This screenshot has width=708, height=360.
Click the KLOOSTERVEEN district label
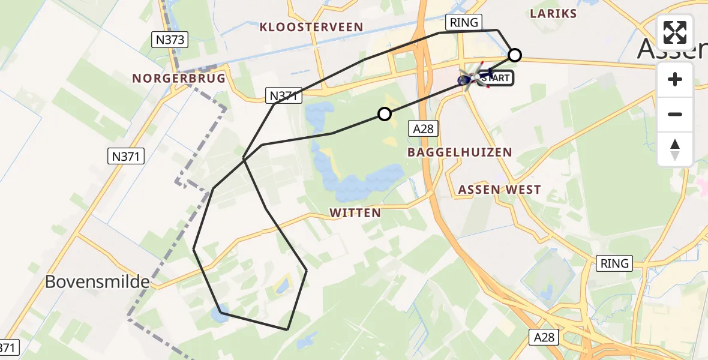pyautogui.click(x=311, y=27)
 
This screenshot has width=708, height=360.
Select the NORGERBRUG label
pyautogui.click(x=179, y=79)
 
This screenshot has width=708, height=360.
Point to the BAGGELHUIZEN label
pyautogui.click(x=460, y=152)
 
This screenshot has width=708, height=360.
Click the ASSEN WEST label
pyautogui.click(x=499, y=190)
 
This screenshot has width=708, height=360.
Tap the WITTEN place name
pyautogui.click(x=355, y=213)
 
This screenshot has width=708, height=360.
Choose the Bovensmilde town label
pyautogui.click(x=97, y=281)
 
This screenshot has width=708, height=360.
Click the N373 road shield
pyautogui.click(x=169, y=40)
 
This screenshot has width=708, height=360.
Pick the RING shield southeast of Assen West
pyautogui.click(x=615, y=263)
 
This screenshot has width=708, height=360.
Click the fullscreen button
pyautogui.click(x=675, y=32)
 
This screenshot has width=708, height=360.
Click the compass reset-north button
pyautogui.click(x=675, y=149)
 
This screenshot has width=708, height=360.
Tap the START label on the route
pyautogui.click(x=496, y=78)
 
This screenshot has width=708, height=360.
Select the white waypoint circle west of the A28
pyautogui.click(x=384, y=113)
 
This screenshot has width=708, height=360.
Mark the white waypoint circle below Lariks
pyautogui.click(x=515, y=55)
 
